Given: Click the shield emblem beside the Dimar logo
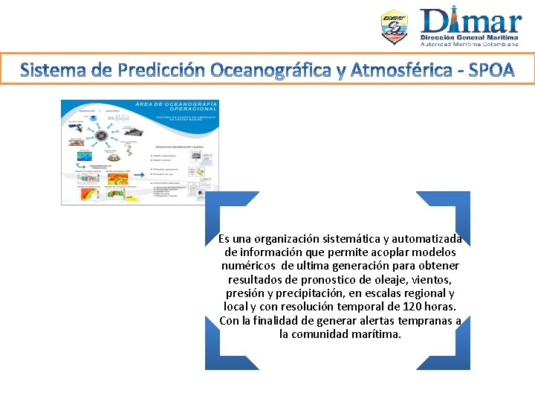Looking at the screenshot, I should click(x=395, y=28).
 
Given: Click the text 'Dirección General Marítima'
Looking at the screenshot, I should click(x=470, y=36).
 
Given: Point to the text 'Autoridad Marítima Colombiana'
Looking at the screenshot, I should click(x=470, y=44).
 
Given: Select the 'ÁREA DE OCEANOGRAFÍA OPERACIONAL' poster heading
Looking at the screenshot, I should click(x=176, y=107).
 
